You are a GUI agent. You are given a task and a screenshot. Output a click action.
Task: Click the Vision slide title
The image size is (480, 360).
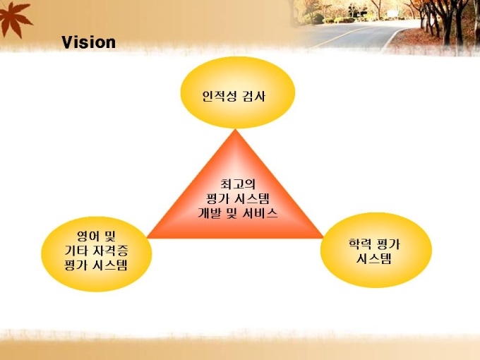click(x=88, y=42)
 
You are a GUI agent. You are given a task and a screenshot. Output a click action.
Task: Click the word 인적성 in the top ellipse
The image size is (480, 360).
click(x=220, y=96)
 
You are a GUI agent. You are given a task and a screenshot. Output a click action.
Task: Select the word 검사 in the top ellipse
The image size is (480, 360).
click(x=254, y=96)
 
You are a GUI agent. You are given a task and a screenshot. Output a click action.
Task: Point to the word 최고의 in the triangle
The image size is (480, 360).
click(x=238, y=184)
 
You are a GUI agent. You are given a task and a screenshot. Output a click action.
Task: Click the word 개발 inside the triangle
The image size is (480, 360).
click(x=210, y=213)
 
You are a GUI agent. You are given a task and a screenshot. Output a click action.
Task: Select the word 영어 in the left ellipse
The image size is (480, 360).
click(x=88, y=236)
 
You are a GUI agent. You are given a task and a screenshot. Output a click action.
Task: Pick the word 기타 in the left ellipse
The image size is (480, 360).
click(x=76, y=251)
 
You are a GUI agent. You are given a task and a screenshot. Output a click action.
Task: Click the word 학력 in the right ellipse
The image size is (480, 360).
click(x=360, y=244)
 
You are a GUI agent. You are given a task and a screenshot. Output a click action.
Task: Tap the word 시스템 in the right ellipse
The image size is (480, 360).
click(x=374, y=258)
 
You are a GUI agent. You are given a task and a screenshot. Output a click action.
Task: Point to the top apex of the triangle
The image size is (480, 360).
click(x=235, y=129)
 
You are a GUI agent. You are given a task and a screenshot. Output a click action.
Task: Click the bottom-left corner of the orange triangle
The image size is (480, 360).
click(x=147, y=238)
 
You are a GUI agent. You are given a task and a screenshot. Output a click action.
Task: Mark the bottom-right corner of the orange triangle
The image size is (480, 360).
click(x=323, y=238)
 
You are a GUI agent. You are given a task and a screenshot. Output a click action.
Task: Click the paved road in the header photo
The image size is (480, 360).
click(x=352, y=35)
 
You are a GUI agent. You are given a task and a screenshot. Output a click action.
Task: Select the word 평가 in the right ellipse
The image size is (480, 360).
click(x=389, y=244)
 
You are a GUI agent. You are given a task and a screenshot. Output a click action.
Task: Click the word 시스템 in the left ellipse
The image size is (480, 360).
click(x=109, y=265)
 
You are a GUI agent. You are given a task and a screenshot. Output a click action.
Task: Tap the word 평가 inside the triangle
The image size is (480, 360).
click(x=218, y=198)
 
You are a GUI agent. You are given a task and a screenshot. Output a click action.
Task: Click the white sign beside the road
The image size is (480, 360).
click(x=392, y=14)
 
